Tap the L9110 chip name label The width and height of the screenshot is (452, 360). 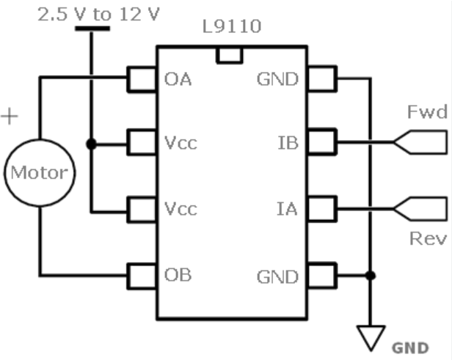(232, 26)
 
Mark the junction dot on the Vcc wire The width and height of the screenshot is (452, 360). (92, 144)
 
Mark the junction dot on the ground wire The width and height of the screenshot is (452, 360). (371, 276)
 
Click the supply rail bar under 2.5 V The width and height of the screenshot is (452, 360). (92, 28)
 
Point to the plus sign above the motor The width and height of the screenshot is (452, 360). (10, 117)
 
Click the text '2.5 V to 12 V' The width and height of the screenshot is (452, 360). (98, 15)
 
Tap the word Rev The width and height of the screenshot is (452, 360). (428, 239)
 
